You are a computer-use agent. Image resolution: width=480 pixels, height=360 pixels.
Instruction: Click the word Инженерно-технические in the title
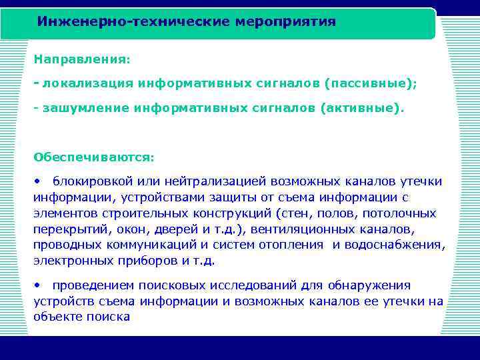133,22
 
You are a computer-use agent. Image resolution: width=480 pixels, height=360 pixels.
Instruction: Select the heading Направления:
82,59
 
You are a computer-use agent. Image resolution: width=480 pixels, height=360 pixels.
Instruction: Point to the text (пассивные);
371,83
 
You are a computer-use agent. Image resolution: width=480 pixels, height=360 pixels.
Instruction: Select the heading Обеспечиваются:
93,157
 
